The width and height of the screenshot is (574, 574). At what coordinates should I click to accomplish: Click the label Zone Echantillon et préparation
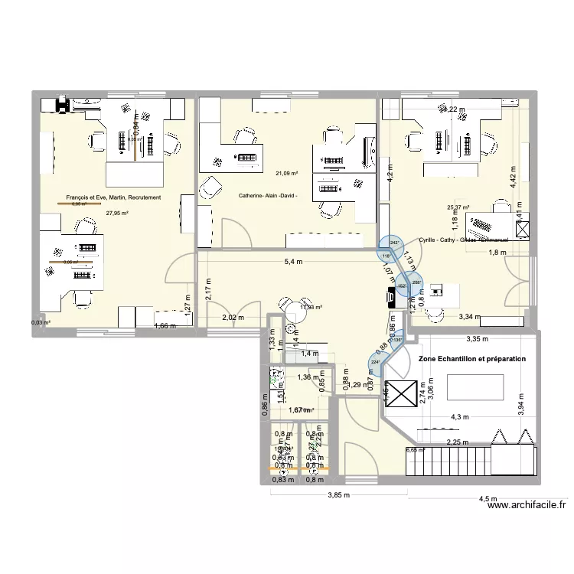472,358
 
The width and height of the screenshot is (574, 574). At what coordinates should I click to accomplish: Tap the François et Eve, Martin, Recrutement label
113,198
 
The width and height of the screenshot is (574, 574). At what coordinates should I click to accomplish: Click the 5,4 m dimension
293,262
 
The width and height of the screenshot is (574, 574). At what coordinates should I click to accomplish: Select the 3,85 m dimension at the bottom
337,494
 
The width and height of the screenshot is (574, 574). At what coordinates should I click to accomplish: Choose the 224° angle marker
375,362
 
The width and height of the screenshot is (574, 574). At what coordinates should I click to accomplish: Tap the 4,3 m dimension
461,417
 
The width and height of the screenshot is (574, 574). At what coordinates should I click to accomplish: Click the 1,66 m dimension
165,326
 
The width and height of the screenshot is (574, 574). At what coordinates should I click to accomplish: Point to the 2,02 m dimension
232,318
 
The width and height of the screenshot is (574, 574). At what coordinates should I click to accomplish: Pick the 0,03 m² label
41,322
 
